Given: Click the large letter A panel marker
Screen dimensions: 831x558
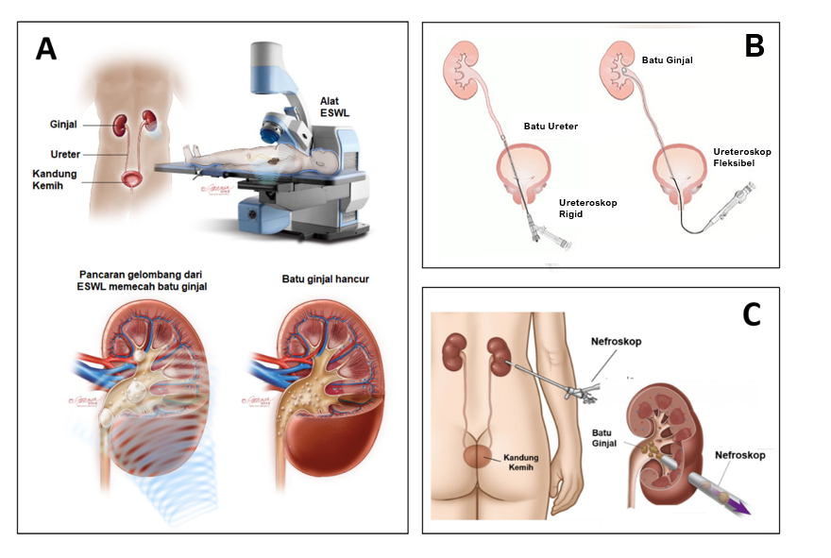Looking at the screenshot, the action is tap(46, 49).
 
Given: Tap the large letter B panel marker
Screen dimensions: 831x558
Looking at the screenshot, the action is tap(755, 45).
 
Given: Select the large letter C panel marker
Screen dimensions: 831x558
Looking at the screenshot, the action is tap(752, 314).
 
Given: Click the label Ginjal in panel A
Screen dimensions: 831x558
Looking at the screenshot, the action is tap(63, 124).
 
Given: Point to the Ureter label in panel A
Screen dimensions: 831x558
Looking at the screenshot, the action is tap(65, 154).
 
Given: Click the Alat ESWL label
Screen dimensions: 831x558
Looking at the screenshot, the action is tap(334, 107).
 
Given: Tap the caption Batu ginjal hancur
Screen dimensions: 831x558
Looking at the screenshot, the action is tap(326, 279).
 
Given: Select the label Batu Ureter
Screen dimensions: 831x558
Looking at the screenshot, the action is tap(551, 127).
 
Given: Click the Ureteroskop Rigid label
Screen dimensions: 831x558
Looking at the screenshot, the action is tap(587, 209).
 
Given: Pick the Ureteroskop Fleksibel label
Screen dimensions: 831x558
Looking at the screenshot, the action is tap(742, 158).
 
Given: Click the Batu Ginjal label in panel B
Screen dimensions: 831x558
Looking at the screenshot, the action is tap(668, 60).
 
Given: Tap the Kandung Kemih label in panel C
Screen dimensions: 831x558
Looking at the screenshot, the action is tap(520, 462).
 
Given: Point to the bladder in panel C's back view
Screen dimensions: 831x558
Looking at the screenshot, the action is tap(478, 456).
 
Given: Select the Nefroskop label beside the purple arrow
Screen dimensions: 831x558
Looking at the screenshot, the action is tap(739, 455).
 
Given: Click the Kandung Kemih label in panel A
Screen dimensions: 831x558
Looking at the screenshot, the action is tap(54, 179).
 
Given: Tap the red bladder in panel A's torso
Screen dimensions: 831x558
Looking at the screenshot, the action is tap(131, 178).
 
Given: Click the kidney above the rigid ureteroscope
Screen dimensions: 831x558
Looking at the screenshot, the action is tap(461, 71).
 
